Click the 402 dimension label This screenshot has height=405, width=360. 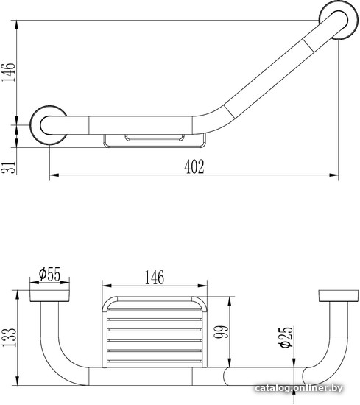tap(194, 166)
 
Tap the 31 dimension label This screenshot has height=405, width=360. tap(9, 167)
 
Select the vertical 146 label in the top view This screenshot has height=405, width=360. tap(9, 73)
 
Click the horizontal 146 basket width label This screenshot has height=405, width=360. tap(154, 278)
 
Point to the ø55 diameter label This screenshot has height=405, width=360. tap(49, 274)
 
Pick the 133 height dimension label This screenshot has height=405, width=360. tap(9, 337)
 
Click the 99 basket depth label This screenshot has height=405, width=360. tap(222, 331)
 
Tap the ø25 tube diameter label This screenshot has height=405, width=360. tap(286, 337)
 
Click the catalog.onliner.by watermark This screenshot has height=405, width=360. tap(299, 388)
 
